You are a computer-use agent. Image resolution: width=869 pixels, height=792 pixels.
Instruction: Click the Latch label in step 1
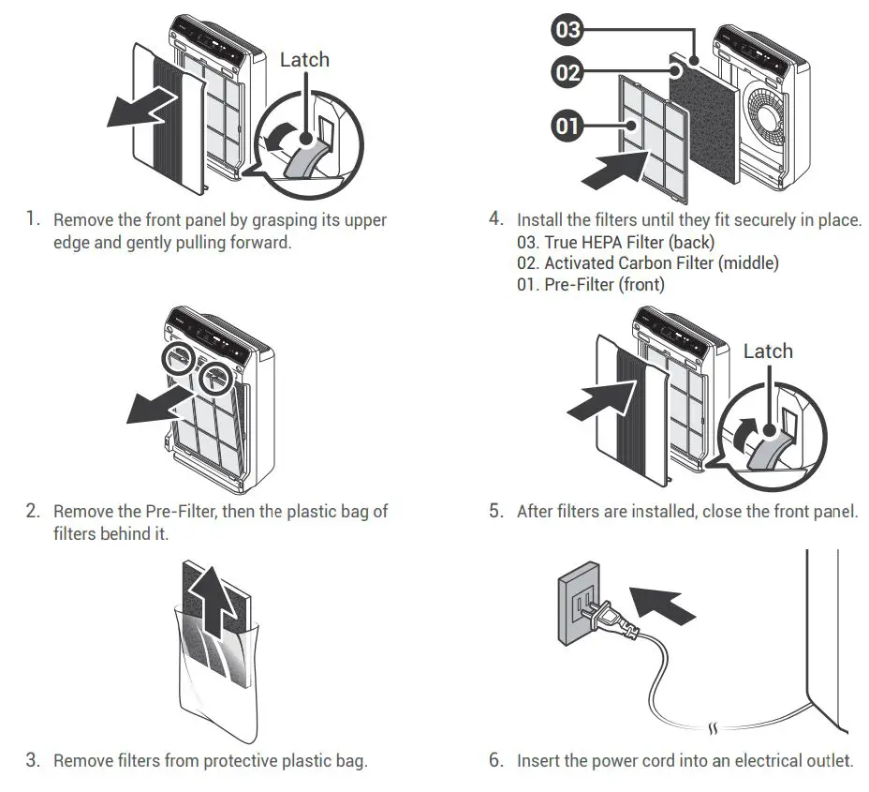tap(304, 60)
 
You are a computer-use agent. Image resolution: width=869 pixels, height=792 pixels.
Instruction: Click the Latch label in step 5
tap(767, 351)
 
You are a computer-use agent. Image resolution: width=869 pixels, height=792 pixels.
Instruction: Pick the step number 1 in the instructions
tap(33, 219)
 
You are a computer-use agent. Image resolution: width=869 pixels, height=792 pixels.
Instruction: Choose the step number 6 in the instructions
tap(496, 760)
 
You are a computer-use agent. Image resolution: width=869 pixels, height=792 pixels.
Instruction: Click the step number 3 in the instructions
tap(33, 760)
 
